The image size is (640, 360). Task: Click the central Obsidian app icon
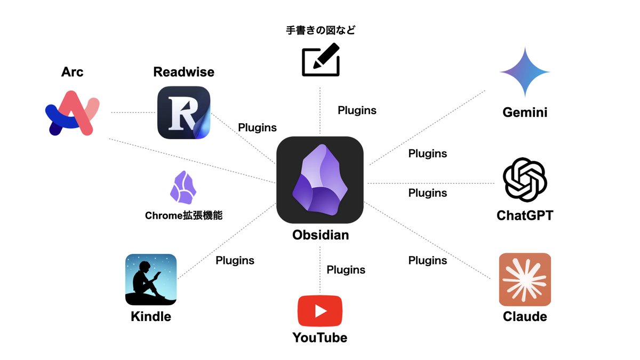pyautogui.click(x=320, y=180)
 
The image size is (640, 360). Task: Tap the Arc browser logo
pyautogui.click(x=72, y=113)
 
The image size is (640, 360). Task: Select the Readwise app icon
pyautogui.click(x=184, y=113)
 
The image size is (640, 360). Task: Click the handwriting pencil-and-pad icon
pyautogui.click(x=320, y=60)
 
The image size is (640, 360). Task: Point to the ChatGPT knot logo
pyautogui.click(x=525, y=180)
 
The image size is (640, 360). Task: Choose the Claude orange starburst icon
pyautogui.click(x=525, y=279)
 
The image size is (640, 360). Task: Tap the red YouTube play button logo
pyautogui.click(x=320, y=311)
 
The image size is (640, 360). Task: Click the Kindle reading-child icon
pyautogui.click(x=151, y=279)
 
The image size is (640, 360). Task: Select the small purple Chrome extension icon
pyautogui.click(x=183, y=188)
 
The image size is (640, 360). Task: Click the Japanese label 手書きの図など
pyautogui.click(x=320, y=30)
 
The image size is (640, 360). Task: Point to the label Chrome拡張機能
pyautogui.click(x=183, y=216)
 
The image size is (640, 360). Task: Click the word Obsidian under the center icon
pyautogui.click(x=321, y=235)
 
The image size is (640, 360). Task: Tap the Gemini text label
pyautogui.click(x=525, y=113)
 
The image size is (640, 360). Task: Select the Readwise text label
pyautogui.click(x=184, y=72)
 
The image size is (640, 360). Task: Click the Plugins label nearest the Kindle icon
pyautogui.click(x=235, y=261)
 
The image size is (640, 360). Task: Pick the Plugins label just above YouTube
pyautogui.click(x=346, y=270)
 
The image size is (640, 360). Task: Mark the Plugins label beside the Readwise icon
pyautogui.click(x=257, y=127)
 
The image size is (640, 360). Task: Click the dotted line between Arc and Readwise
pyautogui.click(x=133, y=113)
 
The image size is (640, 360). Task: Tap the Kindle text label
pyautogui.click(x=151, y=316)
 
